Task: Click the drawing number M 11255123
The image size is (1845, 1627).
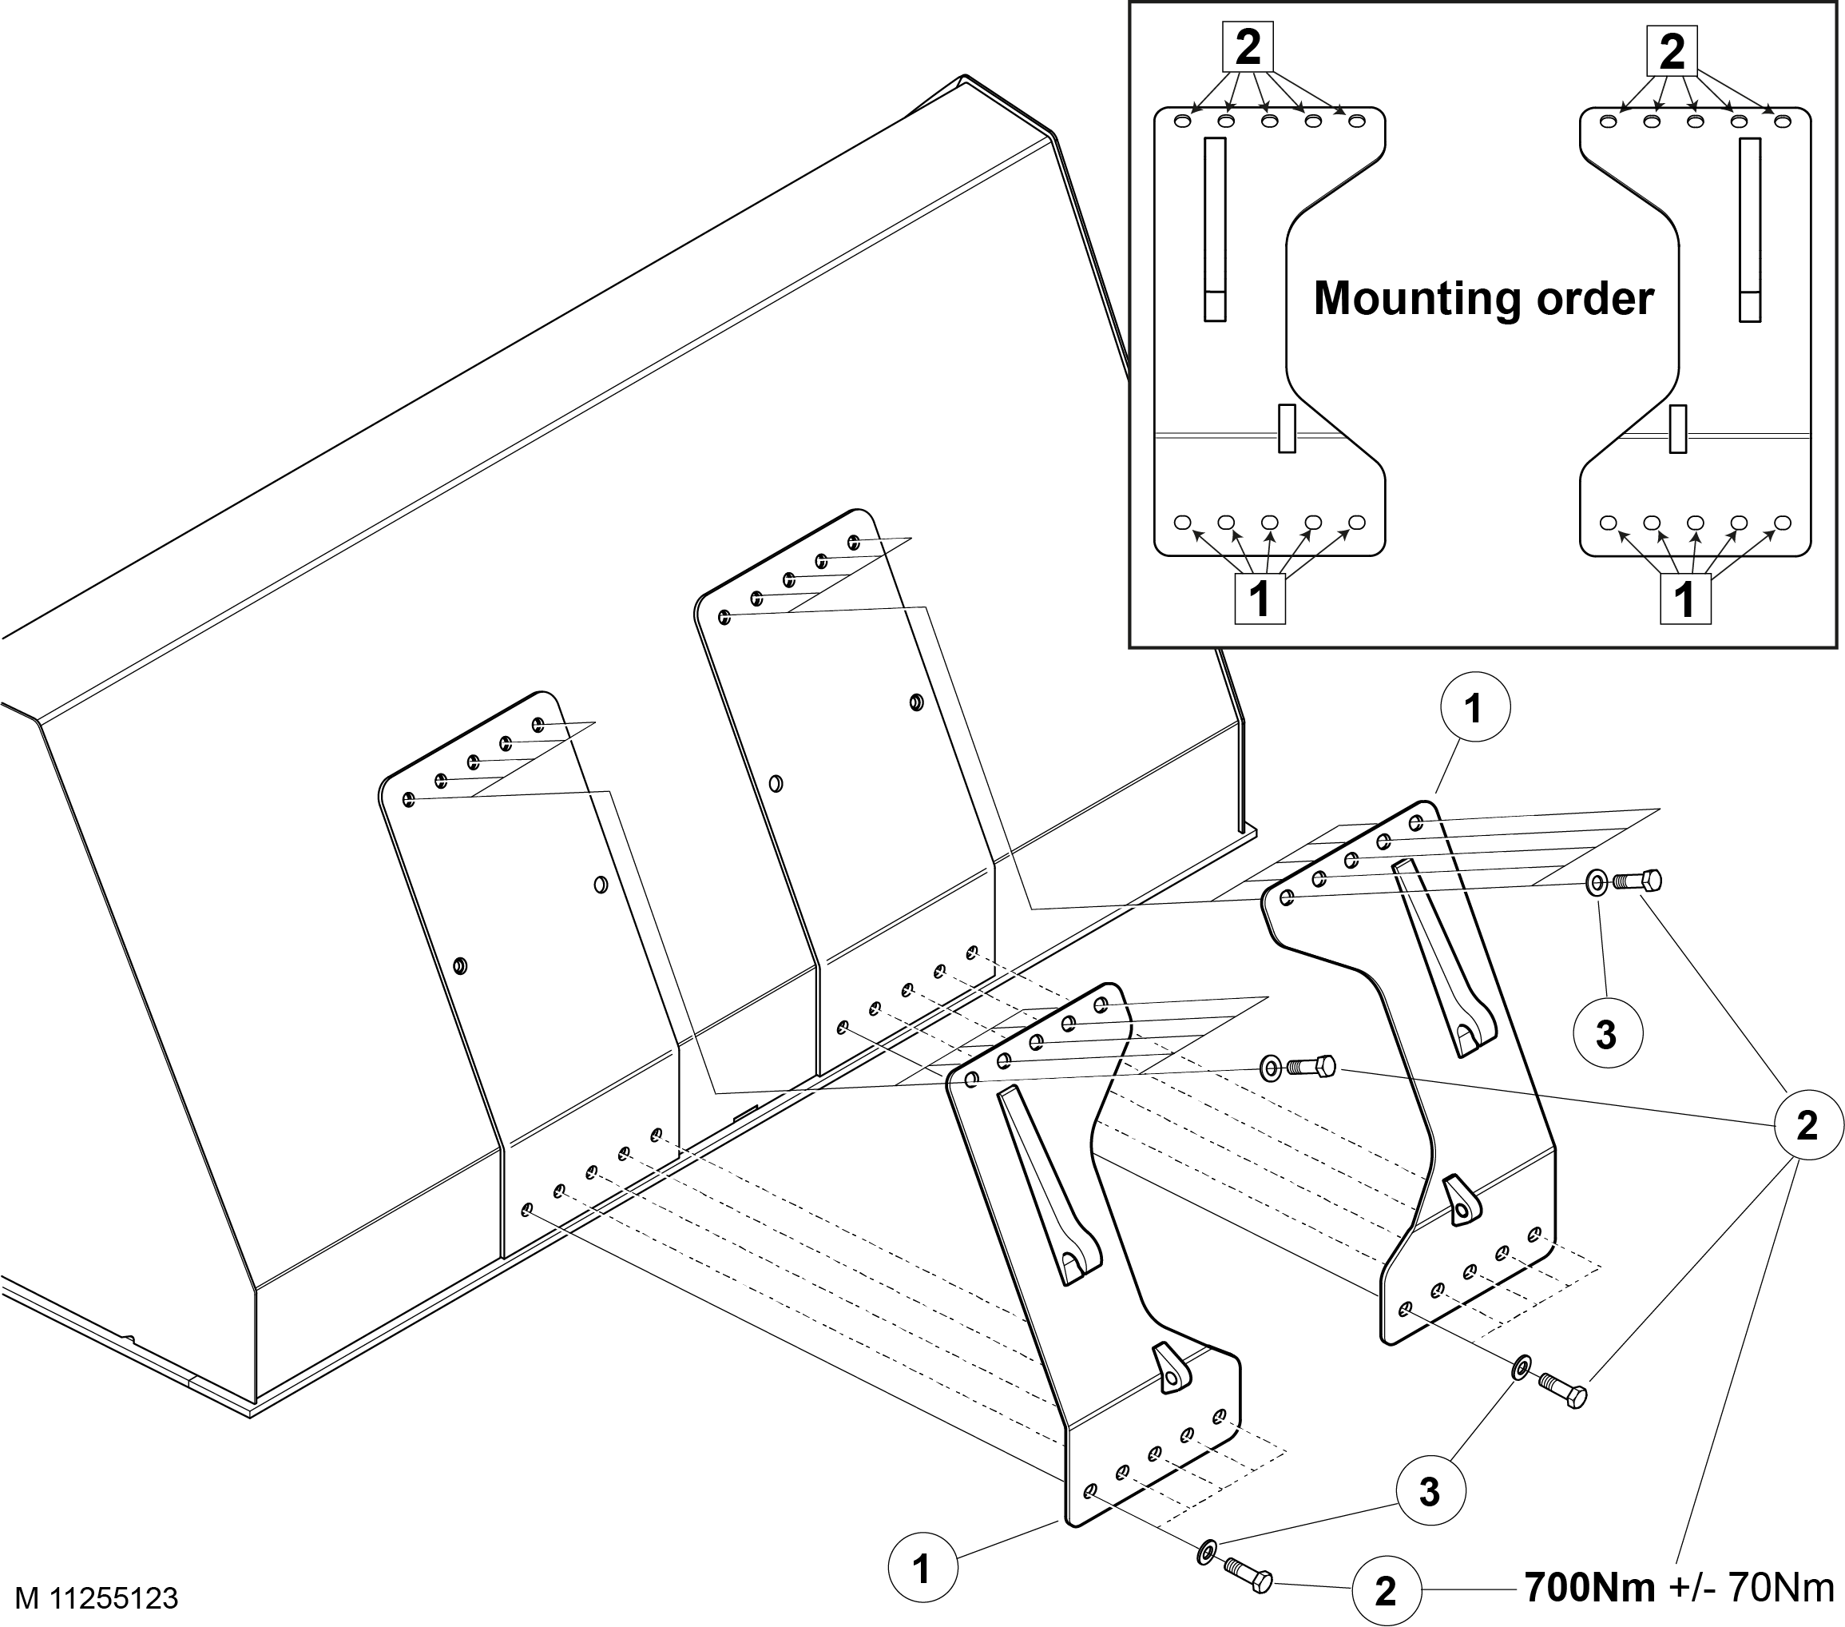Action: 97,1599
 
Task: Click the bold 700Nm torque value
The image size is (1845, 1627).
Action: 1589,1587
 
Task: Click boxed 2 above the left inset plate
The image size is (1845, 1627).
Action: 1248,48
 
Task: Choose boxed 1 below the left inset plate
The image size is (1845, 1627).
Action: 1260,598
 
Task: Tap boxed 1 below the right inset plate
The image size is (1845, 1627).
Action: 1685,598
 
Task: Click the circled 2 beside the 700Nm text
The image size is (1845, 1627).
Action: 1386,1591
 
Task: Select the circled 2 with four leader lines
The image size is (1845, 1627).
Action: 1806,1125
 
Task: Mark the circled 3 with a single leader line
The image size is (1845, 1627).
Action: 1606,1035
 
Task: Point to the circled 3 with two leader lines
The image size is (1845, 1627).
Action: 1429,1493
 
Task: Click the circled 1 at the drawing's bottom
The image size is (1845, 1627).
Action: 921,1570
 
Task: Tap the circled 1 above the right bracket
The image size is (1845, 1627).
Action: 1474,709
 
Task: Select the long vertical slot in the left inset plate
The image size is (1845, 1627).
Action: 1215,229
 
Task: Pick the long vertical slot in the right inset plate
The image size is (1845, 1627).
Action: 1750,229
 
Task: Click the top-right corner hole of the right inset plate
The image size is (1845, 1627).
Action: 1782,121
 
